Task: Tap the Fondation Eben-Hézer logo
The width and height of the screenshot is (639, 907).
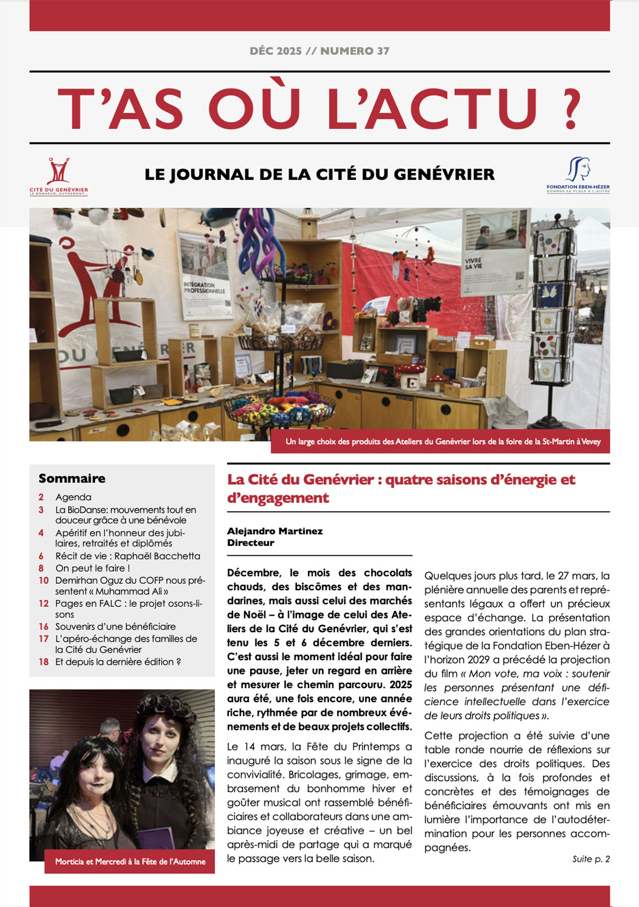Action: tap(578, 175)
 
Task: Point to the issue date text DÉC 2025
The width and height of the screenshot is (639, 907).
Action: tap(276, 51)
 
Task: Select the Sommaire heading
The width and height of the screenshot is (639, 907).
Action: tap(72, 478)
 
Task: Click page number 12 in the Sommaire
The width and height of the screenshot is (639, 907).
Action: tap(43, 604)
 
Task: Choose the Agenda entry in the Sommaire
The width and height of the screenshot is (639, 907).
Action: tap(73, 497)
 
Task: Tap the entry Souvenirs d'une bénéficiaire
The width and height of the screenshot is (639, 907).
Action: tap(115, 627)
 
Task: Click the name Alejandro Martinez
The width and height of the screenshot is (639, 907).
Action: tap(275, 531)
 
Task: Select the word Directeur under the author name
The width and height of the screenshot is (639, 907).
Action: tap(251, 543)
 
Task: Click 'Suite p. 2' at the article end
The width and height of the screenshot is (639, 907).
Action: tap(591, 859)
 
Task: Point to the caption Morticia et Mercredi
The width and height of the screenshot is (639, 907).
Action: tap(130, 862)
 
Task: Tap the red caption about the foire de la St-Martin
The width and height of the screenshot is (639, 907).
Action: tap(443, 441)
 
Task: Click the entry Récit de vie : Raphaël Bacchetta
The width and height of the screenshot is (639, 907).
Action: tap(128, 556)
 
